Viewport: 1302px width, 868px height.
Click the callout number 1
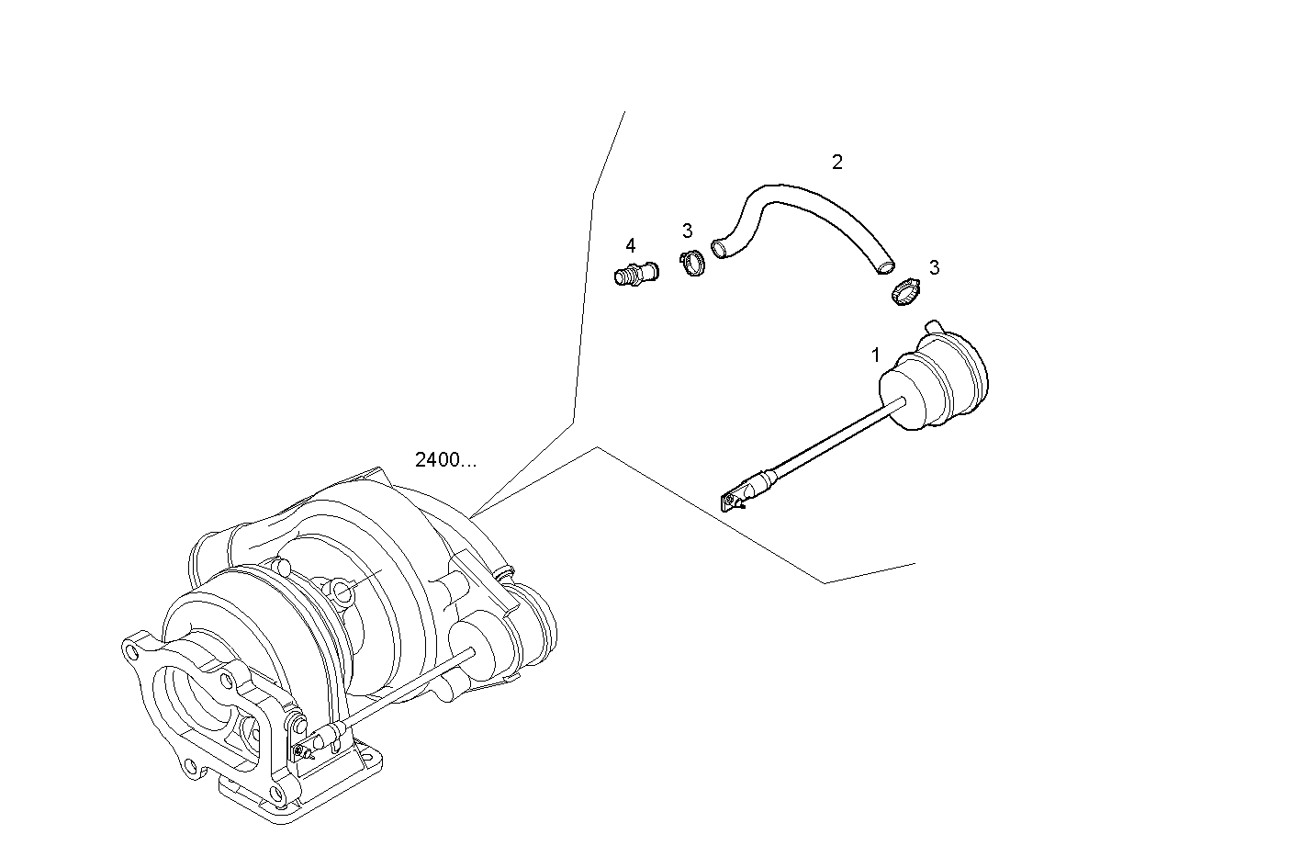[875, 355]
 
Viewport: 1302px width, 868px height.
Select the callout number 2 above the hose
[836, 163]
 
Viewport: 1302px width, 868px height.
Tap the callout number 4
[630, 246]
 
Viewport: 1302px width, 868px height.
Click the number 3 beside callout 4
[687, 231]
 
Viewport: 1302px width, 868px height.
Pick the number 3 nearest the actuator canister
[934, 268]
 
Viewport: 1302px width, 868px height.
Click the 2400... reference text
[445, 460]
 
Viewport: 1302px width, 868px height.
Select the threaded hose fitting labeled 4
[634, 274]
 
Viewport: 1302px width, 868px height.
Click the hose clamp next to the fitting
[692, 265]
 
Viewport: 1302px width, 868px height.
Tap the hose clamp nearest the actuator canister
[906, 294]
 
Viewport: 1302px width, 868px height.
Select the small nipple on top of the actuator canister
[935, 326]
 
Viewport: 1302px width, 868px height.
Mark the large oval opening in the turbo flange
[188, 703]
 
